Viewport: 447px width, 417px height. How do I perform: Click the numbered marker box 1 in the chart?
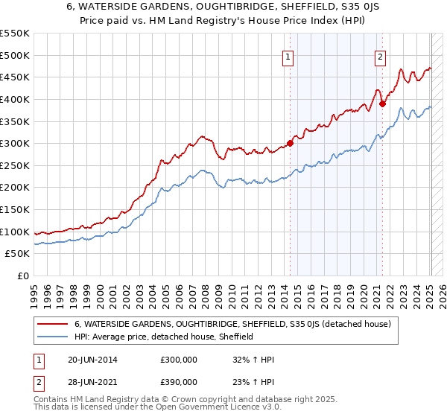click(x=288, y=55)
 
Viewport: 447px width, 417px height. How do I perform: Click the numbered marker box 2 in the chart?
click(x=381, y=55)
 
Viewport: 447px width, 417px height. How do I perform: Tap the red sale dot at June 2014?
click(x=290, y=144)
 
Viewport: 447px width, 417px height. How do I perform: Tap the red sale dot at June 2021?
click(x=382, y=104)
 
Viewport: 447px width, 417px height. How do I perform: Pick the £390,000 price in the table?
click(x=179, y=381)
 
